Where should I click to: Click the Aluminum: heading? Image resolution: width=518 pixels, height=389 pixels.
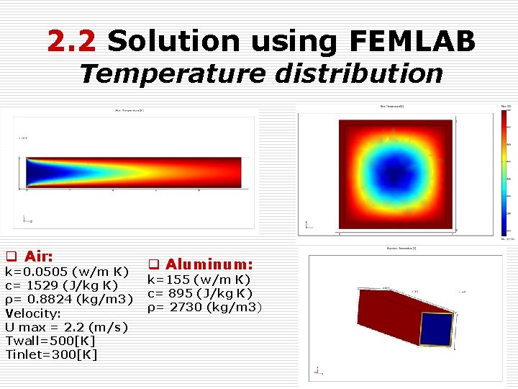click(x=209, y=265)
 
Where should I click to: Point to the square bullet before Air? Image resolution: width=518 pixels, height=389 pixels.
click(x=12, y=257)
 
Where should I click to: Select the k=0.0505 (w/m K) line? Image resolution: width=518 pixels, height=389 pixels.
click(x=67, y=272)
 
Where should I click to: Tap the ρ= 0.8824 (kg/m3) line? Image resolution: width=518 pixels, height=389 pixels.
click(x=70, y=299)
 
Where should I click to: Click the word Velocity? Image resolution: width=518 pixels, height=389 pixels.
click(x=34, y=313)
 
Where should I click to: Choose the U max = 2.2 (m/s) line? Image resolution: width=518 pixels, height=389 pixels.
click(x=67, y=327)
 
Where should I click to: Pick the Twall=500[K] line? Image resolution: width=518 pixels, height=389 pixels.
click(x=50, y=340)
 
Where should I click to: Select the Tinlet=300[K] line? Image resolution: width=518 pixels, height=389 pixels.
click(x=51, y=354)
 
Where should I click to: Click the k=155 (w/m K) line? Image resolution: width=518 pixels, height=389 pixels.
click(x=199, y=280)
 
